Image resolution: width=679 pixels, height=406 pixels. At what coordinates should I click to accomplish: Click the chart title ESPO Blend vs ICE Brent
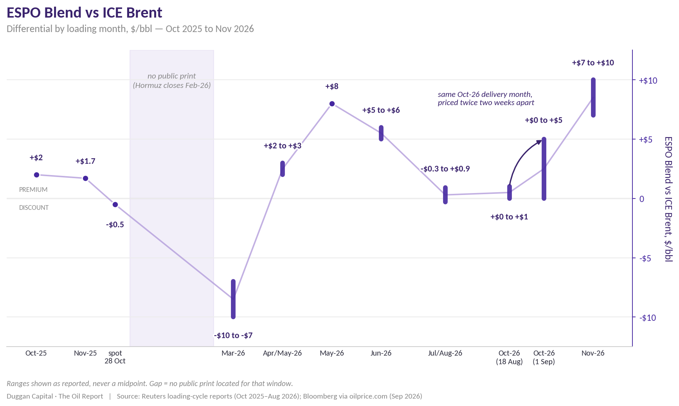[84, 13]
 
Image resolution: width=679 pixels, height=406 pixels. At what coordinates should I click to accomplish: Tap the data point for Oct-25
[36, 175]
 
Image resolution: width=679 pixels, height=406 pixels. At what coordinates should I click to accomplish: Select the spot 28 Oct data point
[115, 204]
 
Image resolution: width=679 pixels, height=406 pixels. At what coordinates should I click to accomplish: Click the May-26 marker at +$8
[332, 104]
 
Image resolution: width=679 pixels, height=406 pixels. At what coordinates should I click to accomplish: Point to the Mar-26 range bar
[233, 299]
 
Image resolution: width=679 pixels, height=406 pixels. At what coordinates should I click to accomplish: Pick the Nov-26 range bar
[593, 97]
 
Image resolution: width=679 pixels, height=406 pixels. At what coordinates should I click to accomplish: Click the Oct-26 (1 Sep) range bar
[544, 169]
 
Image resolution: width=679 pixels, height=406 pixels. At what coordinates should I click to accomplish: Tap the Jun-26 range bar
[381, 133]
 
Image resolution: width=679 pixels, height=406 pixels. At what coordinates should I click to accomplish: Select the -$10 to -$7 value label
[233, 335]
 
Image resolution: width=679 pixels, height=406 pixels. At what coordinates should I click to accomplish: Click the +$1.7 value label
[85, 161]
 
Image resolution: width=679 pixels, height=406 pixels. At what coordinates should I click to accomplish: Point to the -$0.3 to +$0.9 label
[445, 169]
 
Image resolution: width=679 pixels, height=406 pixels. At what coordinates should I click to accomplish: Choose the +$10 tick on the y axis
[648, 80]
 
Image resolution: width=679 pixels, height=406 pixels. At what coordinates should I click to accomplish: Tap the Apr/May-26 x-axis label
[283, 353]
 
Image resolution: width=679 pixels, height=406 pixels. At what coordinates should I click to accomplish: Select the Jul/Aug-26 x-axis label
[445, 353]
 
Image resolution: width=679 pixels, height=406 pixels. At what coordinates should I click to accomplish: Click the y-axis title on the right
[668, 199]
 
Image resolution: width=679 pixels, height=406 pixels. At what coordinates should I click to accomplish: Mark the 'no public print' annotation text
[172, 76]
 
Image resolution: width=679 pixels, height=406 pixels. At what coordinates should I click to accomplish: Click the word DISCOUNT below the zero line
[34, 207]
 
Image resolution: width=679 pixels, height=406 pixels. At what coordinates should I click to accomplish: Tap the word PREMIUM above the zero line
[33, 190]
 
